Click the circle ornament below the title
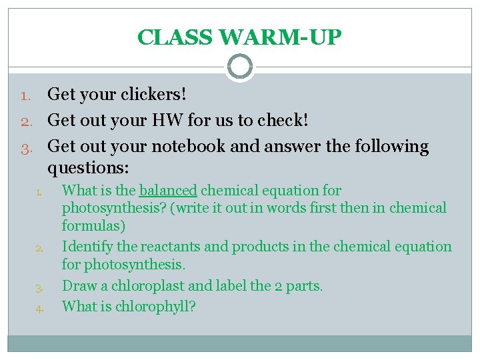click(x=239, y=67)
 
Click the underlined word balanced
click(x=168, y=191)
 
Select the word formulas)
click(x=93, y=226)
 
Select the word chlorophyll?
click(x=157, y=307)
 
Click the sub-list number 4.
click(x=39, y=309)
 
